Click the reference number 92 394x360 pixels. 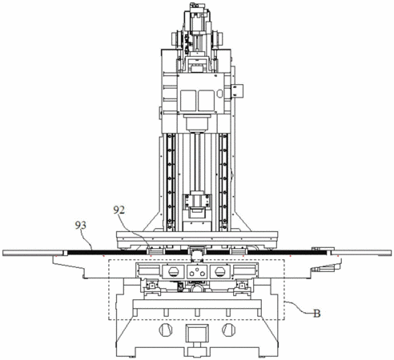[x=119, y=210]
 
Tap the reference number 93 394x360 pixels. [x=80, y=226]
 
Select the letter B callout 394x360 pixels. [x=316, y=314]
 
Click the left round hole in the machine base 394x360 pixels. [x=166, y=330]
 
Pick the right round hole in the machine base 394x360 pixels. [x=229, y=330]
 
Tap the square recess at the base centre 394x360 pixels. [x=197, y=333]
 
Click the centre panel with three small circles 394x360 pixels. [x=197, y=272]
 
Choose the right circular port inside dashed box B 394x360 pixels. [x=220, y=272]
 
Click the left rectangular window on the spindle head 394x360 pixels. [x=188, y=101]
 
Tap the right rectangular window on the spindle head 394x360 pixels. [x=206, y=101]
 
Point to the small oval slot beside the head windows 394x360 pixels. [x=219, y=94]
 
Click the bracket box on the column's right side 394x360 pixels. [x=237, y=90]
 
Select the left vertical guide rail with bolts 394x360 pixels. [x=171, y=182]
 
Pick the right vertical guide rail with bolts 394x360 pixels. [x=223, y=182]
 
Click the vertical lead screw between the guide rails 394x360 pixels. [x=197, y=162]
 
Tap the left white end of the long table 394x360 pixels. [x=33, y=253]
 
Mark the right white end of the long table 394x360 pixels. [x=363, y=253]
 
